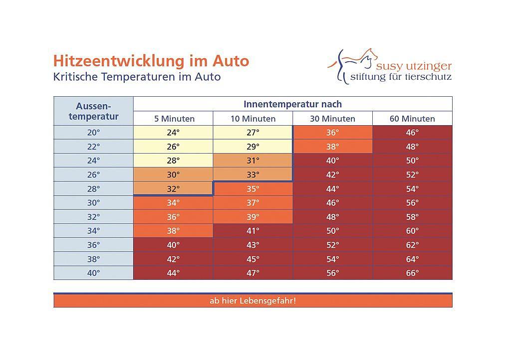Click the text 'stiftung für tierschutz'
pyautogui.click(x=401, y=77)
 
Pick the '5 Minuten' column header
pyautogui.click(x=174, y=119)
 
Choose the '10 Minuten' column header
pyautogui.click(x=253, y=119)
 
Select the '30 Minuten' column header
pyautogui.click(x=332, y=119)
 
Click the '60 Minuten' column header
pyautogui.click(x=412, y=119)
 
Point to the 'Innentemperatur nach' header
pyautogui.click(x=292, y=104)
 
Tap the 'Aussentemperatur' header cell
pyautogui.click(x=93, y=111)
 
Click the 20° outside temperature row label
pyautogui.click(x=93, y=133)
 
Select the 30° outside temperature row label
pyautogui.click(x=93, y=203)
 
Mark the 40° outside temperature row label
pyautogui.click(x=93, y=273)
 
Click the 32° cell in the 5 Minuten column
pyautogui.click(x=173, y=189)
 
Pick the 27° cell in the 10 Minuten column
pyautogui.click(x=253, y=133)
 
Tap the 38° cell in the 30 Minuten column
pyautogui.click(x=332, y=147)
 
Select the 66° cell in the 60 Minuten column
pyautogui.click(x=412, y=273)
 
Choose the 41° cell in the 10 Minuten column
pyautogui.click(x=253, y=231)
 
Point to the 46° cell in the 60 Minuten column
pyautogui.click(x=412, y=133)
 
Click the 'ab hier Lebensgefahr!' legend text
pyautogui.click(x=253, y=301)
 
